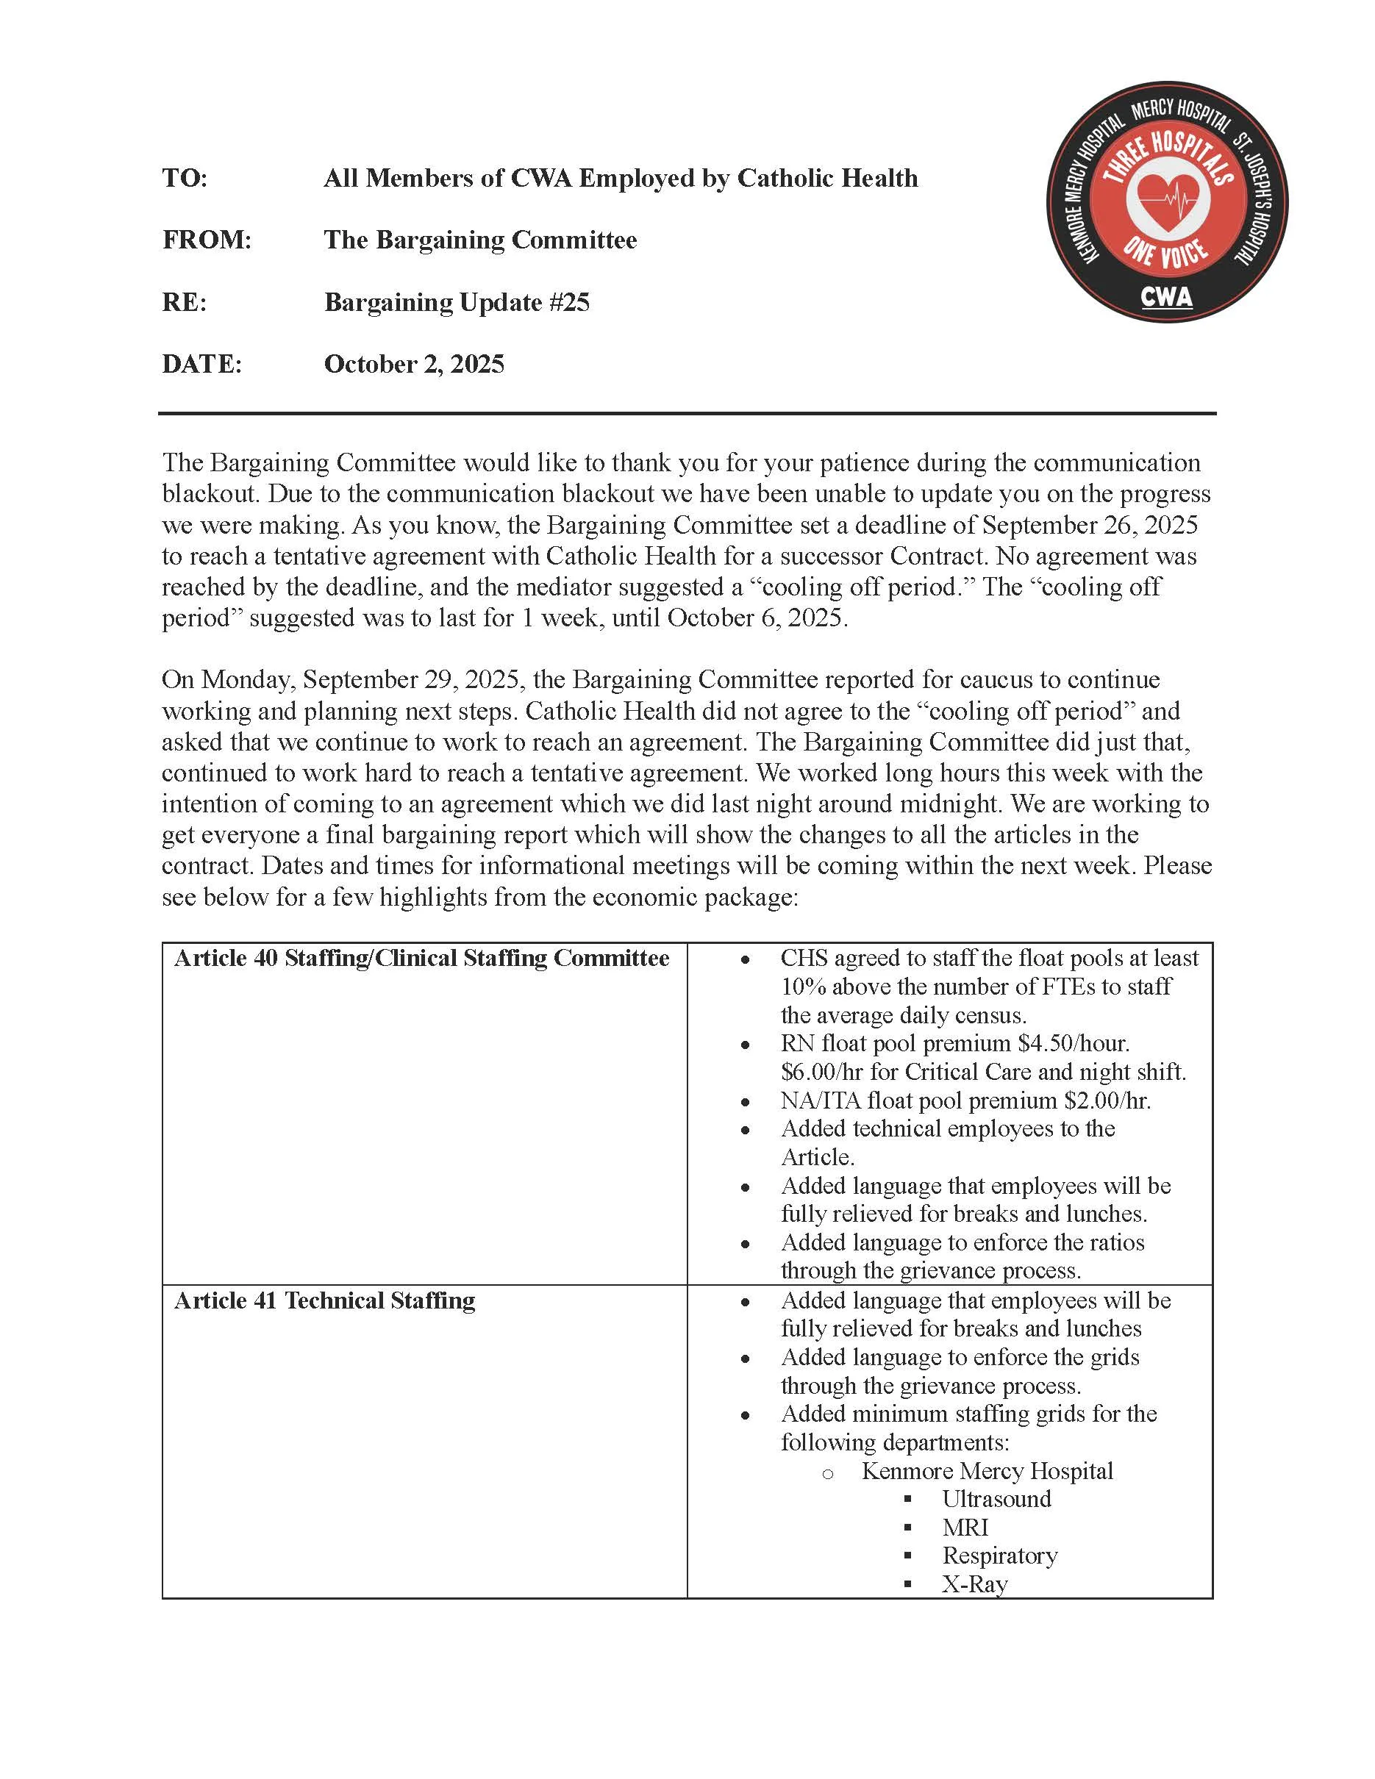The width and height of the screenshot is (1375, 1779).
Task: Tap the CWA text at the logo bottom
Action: tap(1166, 296)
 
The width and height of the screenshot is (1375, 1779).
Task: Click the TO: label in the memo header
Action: tap(185, 178)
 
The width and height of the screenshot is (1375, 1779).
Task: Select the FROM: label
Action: tap(207, 240)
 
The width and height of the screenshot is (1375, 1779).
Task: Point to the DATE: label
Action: tap(202, 363)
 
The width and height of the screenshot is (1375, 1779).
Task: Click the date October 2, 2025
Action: tap(414, 363)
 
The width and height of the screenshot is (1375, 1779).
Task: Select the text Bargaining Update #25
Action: tap(456, 302)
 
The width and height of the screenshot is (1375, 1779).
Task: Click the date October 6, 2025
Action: tap(757, 618)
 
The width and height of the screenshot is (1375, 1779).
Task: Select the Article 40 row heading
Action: tap(421, 958)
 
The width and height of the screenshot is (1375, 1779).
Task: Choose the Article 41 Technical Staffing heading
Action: tap(324, 1301)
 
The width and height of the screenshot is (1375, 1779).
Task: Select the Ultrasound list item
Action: tap(996, 1500)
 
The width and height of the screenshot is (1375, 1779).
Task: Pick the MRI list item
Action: tap(965, 1528)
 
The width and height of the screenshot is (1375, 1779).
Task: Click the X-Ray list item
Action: tap(975, 1584)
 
